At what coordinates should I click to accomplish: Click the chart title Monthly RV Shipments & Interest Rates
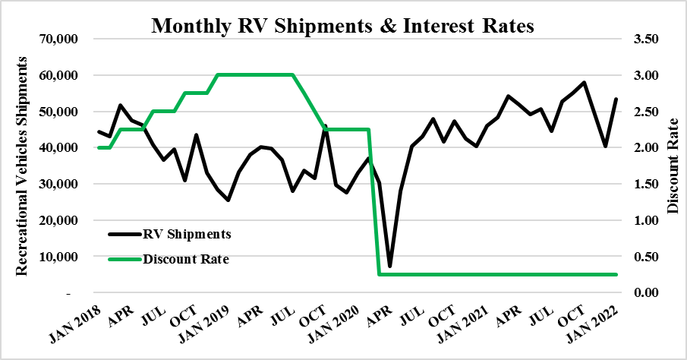pos(343,25)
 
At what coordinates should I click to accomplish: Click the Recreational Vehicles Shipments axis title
pos(25,166)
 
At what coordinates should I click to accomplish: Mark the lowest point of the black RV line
pos(390,266)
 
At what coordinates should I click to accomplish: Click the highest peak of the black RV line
pos(584,82)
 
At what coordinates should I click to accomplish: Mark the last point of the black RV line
pos(616,99)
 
